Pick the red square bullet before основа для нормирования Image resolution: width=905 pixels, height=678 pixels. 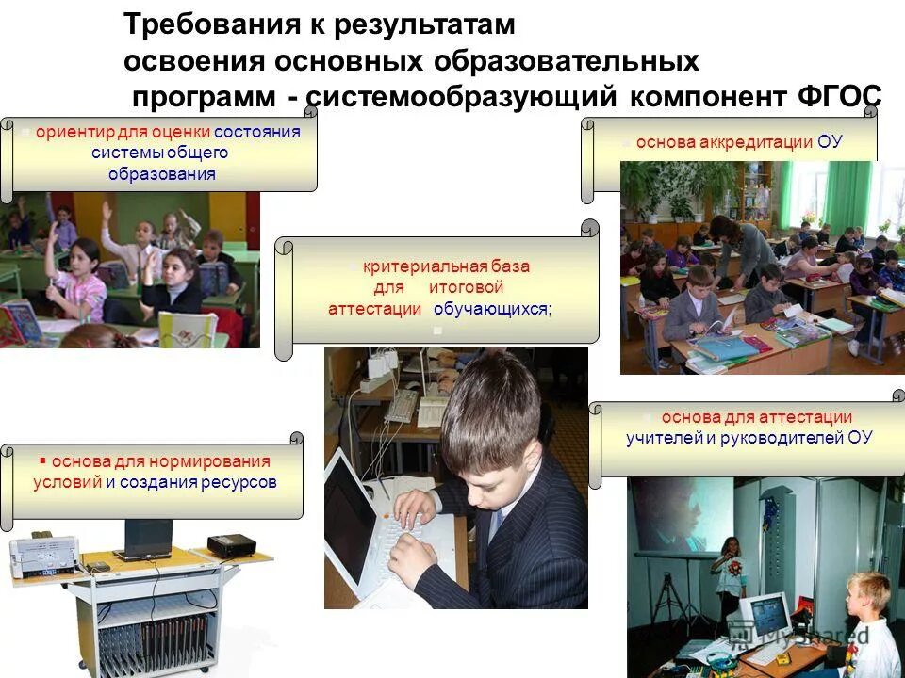click(43, 461)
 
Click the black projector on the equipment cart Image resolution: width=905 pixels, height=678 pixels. click(231, 544)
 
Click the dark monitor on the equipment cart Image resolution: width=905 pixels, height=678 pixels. click(148, 539)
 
